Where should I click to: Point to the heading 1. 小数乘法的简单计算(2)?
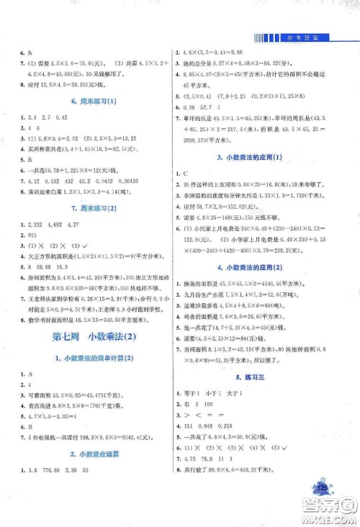point(87,359)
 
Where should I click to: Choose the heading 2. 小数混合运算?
point(87,454)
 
